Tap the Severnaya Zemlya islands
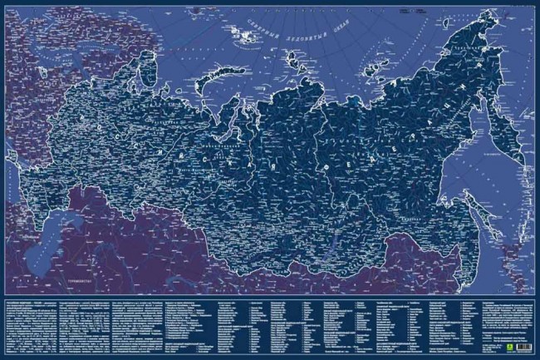click(297, 60)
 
